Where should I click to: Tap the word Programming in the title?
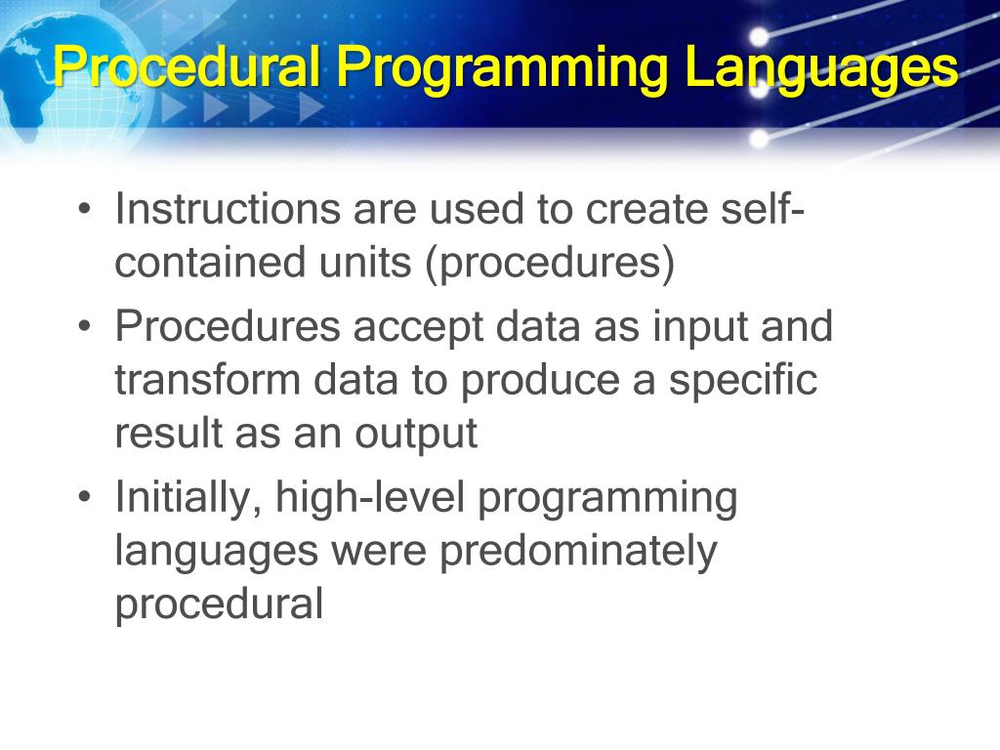[x=502, y=69]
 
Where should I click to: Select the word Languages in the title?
[x=820, y=69]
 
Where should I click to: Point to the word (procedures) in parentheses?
[x=549, y=266]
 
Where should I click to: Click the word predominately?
[x=577, y=553]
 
